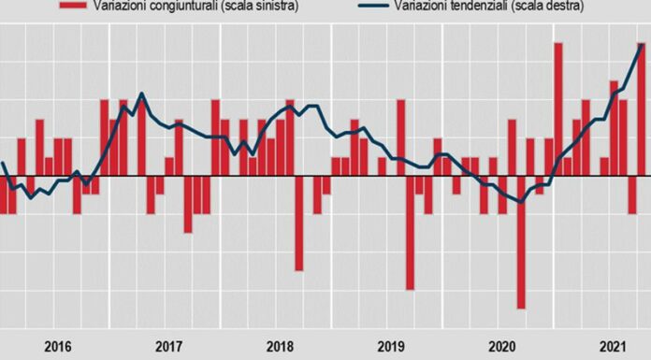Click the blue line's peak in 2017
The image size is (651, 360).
tap(141, 94)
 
